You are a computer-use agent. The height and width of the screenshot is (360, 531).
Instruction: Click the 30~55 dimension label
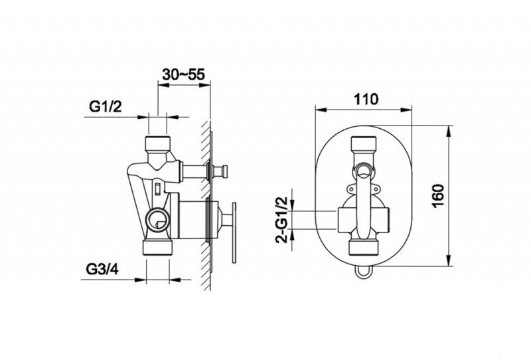[x=184, y=74]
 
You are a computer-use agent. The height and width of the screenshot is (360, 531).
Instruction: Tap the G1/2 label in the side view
[x=105, y=107]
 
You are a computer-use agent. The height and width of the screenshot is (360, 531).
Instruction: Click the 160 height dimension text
[x=438, y=196]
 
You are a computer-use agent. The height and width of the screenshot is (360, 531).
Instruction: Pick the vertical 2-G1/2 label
[x=281, y=220]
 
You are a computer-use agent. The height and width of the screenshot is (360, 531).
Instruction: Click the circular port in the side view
[x=157, y=219]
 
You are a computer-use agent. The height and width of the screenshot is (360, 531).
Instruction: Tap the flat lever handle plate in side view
[x=234, y=232]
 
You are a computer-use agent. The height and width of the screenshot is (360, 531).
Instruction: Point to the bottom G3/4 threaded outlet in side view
[x=159, y=247]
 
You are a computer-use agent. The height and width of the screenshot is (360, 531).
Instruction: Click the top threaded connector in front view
[x=364, y=143]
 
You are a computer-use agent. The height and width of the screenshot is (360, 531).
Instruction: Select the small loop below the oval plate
[x=363, y=273]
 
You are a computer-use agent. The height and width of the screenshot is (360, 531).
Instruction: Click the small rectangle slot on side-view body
[x=157, y=188]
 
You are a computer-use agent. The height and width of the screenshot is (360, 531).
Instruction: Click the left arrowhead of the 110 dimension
[x=321, y=110]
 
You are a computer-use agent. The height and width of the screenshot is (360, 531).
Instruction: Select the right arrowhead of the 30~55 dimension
[x=205, y=85]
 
